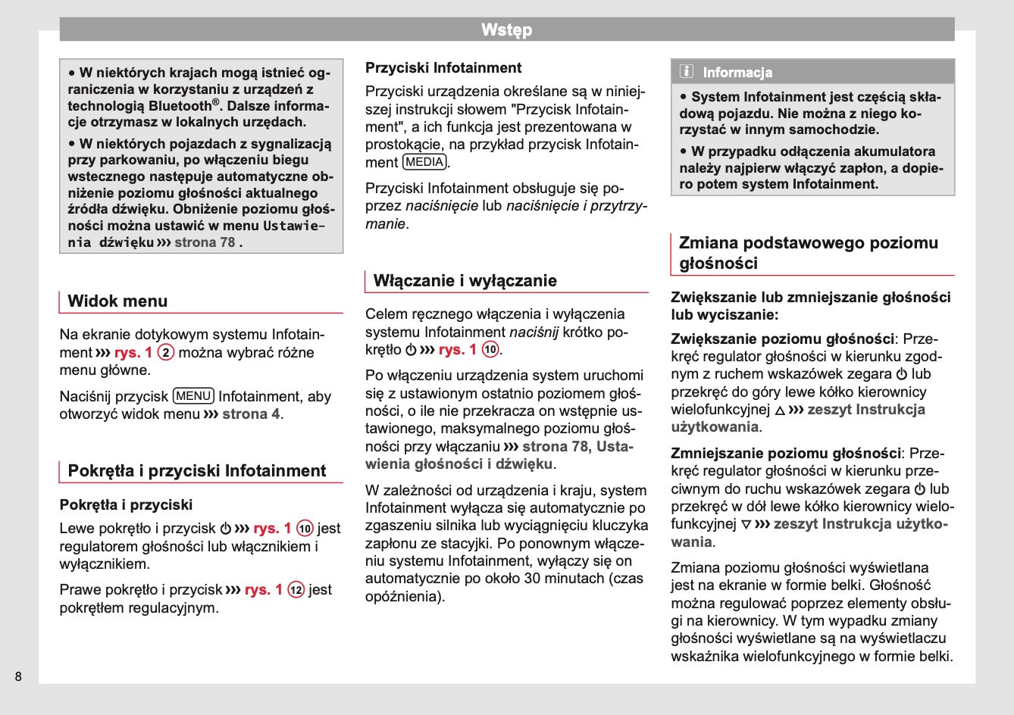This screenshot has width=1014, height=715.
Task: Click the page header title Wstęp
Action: pyautogui.click(x=506, y=30)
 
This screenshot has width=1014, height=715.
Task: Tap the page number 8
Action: pyautogui.click(x=18, y=676)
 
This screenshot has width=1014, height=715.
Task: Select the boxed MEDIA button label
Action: pyautogui.click(x=424, y=162)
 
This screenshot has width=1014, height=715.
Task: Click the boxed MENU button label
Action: pyautogui.click(x=193, y=396)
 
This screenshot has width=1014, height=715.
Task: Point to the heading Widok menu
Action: pyautogui.click(x=117, y=301)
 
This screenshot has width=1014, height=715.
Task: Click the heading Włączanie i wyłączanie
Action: pyautogui.click(x=465, y=281)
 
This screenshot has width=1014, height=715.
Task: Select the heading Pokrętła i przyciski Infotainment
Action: pyautogui.click(x=196, y=471)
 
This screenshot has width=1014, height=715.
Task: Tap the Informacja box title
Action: pyautogui.click(x=737, y=73)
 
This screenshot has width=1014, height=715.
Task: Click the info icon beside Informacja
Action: pyautogui.click(x=687, y=72)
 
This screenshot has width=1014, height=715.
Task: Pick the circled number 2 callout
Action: pyautogui.click(x=166, y=353)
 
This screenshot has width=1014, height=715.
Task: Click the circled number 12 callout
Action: pyautogui.click(x=296, y=590)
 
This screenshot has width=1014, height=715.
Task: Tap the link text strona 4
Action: pyautogui.click(x=251, y=414)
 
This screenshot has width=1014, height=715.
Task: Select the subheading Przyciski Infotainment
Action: pyautogui.click(x=443, y=68)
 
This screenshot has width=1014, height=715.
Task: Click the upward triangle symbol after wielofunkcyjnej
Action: pyautogui.click(x=779, y=411)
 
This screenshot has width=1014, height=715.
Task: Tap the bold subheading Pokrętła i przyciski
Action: pyautogui.click(x=126, y=505)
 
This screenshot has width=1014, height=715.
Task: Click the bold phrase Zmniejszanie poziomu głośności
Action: pyautogui.click(x=786, y=454)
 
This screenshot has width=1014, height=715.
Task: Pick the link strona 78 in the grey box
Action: pyautogui.click(x=205, y=242)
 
